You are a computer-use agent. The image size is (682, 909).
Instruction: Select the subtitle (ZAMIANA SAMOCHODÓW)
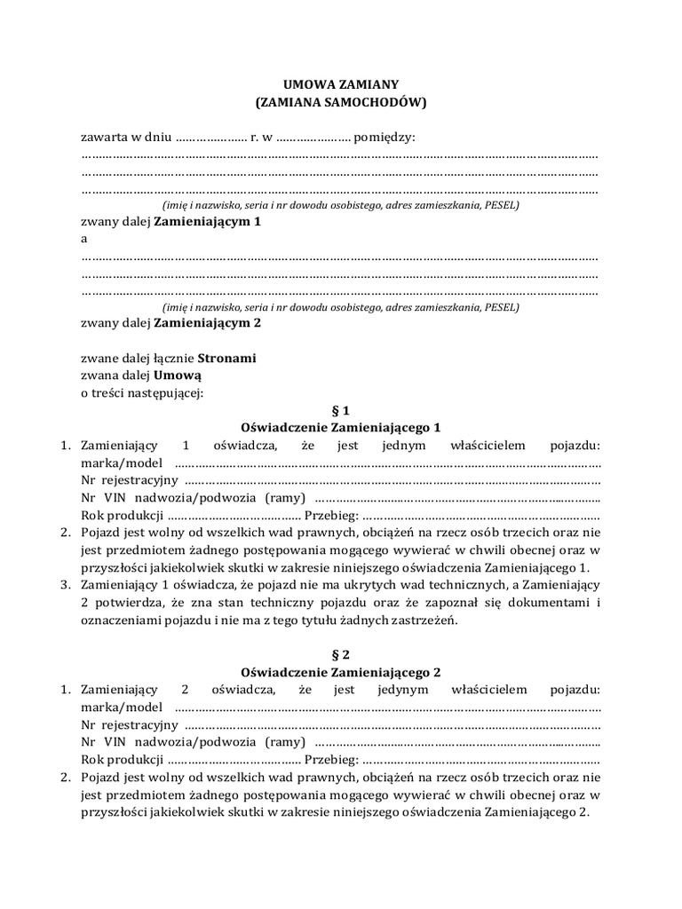340,103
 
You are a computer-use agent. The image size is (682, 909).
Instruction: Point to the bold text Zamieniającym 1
208,222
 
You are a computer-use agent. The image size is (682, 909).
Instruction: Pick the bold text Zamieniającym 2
208,323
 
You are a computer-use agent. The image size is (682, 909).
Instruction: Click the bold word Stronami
226,359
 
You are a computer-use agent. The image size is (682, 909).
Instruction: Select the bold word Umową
178,375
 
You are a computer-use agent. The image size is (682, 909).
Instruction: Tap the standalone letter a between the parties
84,239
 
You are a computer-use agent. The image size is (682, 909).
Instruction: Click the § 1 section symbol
340,410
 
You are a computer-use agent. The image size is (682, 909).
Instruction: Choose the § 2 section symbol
340,654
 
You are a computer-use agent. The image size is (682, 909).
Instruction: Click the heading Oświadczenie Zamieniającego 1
340,427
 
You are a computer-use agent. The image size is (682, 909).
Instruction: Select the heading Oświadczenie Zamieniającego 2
340,672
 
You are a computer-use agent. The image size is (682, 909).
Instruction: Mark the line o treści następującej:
142,393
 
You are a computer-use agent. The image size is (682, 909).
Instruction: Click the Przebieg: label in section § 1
331,515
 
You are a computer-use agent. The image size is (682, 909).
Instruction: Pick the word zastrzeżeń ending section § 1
425,620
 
